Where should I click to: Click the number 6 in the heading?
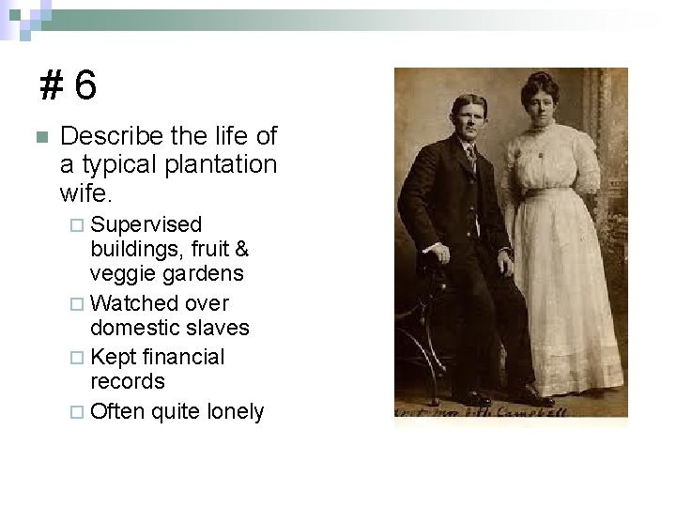pos(84,86)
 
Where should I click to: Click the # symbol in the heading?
pos(52,86)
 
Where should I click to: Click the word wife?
pos(84,193)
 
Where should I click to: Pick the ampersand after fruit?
pos(240,249)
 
